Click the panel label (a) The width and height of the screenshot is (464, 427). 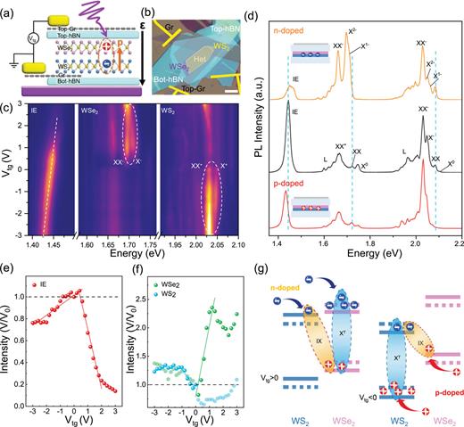(11, 8)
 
